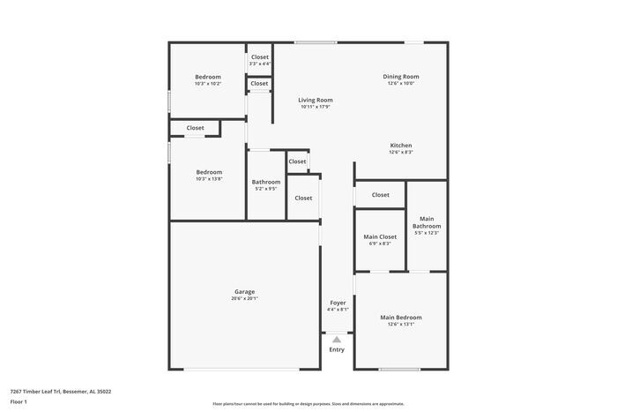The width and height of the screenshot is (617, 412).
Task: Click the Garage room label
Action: [x=244, y=292]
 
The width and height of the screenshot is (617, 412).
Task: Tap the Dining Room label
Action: [x=400, y=77]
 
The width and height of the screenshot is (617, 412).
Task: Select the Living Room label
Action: [x=315, y=101]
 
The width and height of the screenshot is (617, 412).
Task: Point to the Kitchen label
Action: [x=401, y=146]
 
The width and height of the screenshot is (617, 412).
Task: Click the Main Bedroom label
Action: [x=400, y=318]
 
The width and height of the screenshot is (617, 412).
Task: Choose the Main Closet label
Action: [x=380, y=236]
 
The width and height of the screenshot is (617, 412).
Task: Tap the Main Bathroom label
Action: [x=427, y=221]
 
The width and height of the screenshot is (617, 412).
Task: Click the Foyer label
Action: [x=338, y=303]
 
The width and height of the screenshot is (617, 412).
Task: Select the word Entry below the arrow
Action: [x=337, y=350]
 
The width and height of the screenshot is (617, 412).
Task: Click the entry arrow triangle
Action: [x=337, y=338]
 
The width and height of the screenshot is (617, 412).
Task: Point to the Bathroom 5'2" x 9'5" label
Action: [x=266, y=182]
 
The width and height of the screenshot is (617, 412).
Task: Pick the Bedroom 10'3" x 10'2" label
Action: [x=208, y=77]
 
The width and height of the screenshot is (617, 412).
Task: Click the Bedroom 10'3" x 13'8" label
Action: [x=209, y=172]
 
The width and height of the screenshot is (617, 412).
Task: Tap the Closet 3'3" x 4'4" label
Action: [x=259, y=57]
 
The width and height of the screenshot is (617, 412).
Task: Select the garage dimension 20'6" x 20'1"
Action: [x=244, y=298]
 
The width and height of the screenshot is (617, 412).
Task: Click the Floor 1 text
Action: [x=19, y=401]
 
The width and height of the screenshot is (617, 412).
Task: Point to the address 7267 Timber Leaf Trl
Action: [x=60, y=391]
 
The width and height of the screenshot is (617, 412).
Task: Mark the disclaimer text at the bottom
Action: [x=308, y=402]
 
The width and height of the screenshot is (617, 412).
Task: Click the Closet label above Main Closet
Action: [x=380, y=195]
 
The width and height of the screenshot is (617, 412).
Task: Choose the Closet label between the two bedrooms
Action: [x=195, y=128]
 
